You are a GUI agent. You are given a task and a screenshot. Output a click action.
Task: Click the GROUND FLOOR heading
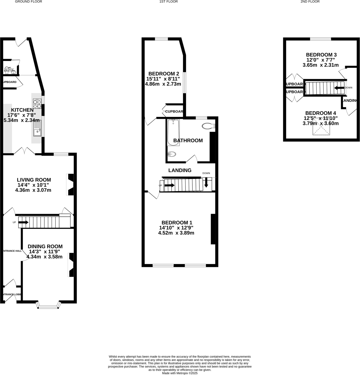(x=29, y=2)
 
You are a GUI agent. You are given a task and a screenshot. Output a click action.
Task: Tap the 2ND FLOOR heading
(x=310, y=2)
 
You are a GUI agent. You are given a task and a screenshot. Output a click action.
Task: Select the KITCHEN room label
(x=22, y=110)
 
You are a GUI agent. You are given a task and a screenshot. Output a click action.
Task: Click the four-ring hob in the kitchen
(x=37, y=104)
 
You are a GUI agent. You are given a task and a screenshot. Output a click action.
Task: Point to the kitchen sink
(x=37, y=129)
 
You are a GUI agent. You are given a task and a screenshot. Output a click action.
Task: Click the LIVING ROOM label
(x=34, y=180)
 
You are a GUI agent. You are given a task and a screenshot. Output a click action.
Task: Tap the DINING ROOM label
(x=45, y=246)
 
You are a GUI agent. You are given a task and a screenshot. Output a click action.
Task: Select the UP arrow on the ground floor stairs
(x=23, y=223)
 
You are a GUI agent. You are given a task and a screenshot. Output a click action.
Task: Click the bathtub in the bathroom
(x=173, y=132)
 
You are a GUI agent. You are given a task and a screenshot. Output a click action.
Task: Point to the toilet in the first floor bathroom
(x=208, y=126)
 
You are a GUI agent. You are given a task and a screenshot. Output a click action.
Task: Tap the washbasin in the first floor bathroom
(x=172, y=154)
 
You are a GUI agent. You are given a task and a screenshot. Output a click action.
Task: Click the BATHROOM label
(x=188, y=141)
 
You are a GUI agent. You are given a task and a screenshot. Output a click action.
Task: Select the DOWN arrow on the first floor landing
(x=206, y=183)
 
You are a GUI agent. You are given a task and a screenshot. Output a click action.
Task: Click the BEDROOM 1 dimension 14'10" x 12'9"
(x=176, y=228)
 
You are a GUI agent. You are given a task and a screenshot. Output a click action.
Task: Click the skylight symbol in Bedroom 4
(x=321, y=128)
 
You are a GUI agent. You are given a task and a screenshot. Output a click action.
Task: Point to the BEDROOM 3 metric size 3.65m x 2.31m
(x=320, y=65)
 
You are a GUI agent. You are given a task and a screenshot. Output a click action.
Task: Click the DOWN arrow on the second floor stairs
(x=339, y=88)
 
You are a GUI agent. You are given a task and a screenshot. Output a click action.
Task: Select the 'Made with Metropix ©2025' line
(x=180, y=373)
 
